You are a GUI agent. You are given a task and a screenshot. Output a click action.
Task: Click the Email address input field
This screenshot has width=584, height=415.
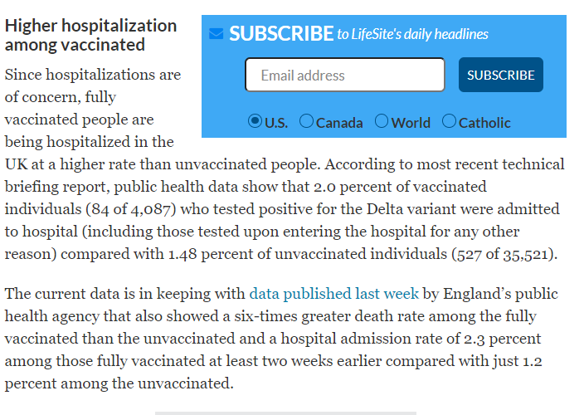click(x=344, y=75)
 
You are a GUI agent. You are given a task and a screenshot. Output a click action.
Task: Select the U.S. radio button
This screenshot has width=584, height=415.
click(x=255, y=121)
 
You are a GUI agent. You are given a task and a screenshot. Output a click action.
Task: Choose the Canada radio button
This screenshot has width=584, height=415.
click(x=306, y=121)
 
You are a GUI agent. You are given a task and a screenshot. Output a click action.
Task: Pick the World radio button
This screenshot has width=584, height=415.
click(x=382, y=121)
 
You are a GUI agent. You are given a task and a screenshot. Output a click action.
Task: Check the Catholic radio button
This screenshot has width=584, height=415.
click(x=450, y=121)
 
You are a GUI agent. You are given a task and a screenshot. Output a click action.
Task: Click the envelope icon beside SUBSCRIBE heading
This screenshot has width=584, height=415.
click(x=217, y=34)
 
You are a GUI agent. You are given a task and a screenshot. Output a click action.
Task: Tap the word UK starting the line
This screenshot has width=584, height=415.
click(x=16, y=164)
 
